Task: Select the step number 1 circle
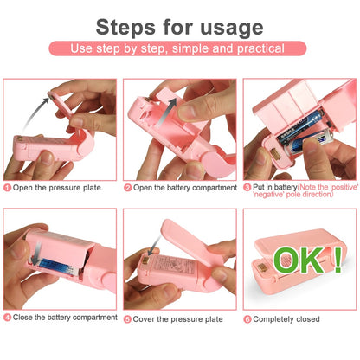[8, 187]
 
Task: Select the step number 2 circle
[127, 187]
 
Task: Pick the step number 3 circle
[247, 187]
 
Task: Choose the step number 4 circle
[8, 318]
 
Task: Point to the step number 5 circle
[127, 318]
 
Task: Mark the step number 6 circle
[247, 318]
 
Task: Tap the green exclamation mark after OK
[336, 258]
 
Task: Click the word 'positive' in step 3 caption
[332, 187]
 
